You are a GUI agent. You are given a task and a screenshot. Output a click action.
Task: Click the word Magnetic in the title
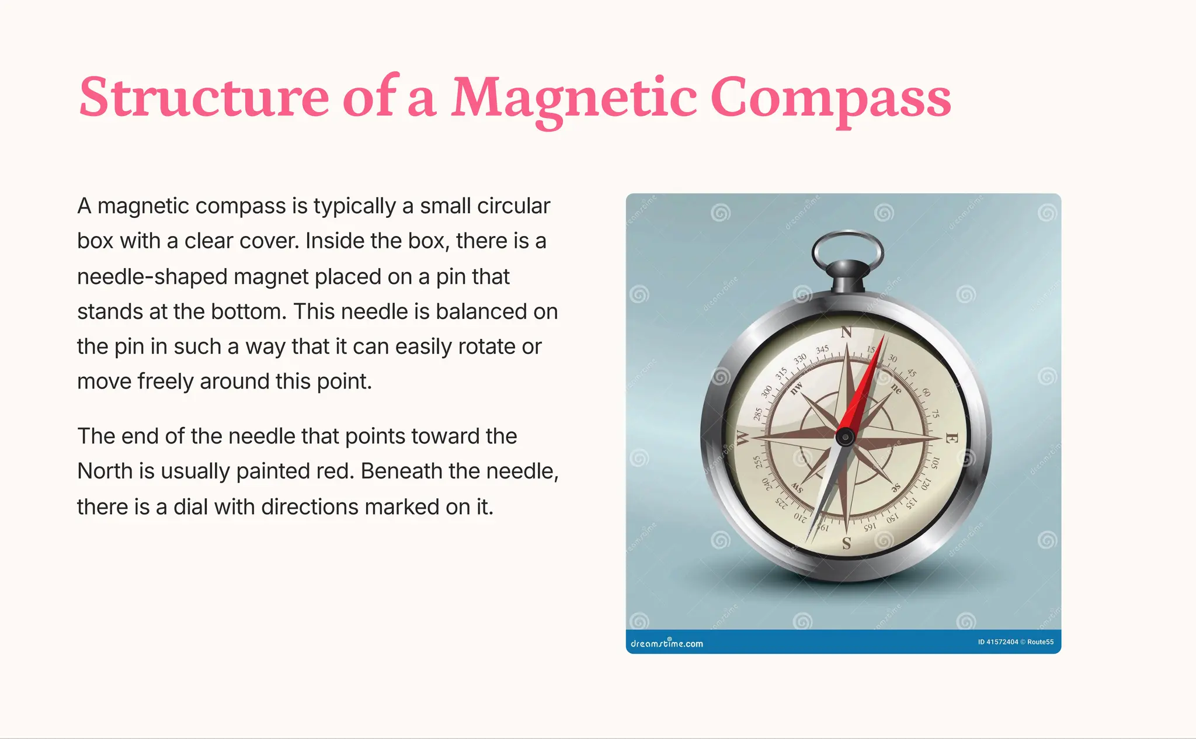tap(574, 97)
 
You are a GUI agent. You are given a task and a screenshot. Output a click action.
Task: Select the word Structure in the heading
tap(204, 97)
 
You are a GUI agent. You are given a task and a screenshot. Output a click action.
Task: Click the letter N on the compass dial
tap(846, 332)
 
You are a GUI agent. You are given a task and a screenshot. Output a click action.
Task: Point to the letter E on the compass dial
tap(951, 438)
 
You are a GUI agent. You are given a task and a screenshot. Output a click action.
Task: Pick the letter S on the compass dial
tap(846, 544)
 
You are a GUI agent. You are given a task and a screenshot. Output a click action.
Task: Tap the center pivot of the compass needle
tap(845, 436)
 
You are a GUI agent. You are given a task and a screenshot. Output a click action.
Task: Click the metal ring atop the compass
tap(847, 249)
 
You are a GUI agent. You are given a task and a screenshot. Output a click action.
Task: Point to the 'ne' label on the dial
tap(896, 388)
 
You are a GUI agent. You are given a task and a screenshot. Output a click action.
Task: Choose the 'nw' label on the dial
tap(797, 388)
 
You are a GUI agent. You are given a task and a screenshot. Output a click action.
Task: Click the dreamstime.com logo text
tap(666, 643)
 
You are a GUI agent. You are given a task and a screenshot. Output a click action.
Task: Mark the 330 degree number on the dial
tap(799, 358)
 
